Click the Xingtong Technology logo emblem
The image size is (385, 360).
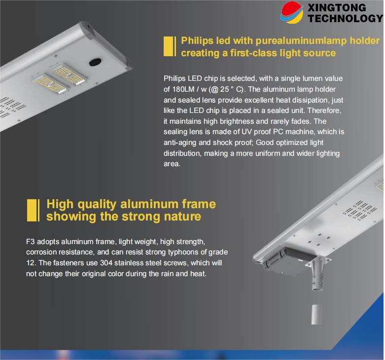(x=292, y=12)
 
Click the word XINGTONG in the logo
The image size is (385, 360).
(x=337, y=7)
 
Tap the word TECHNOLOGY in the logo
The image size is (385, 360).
(x=346, y=18)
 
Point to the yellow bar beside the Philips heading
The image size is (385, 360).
(x=170, y=46)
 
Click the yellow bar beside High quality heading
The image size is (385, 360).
(x=33, y=210)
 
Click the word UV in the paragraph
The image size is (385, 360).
(x=246, y=132)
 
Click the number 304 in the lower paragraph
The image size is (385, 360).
(x=106, y=263)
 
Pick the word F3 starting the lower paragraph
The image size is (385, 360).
(x=31, y=242)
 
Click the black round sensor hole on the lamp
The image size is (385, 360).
(x=95, y=62)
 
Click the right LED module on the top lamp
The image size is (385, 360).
(x=69, y=73)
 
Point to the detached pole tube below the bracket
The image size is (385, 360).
(x=316, y=315)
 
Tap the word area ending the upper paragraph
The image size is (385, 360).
(x=172, y=164)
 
